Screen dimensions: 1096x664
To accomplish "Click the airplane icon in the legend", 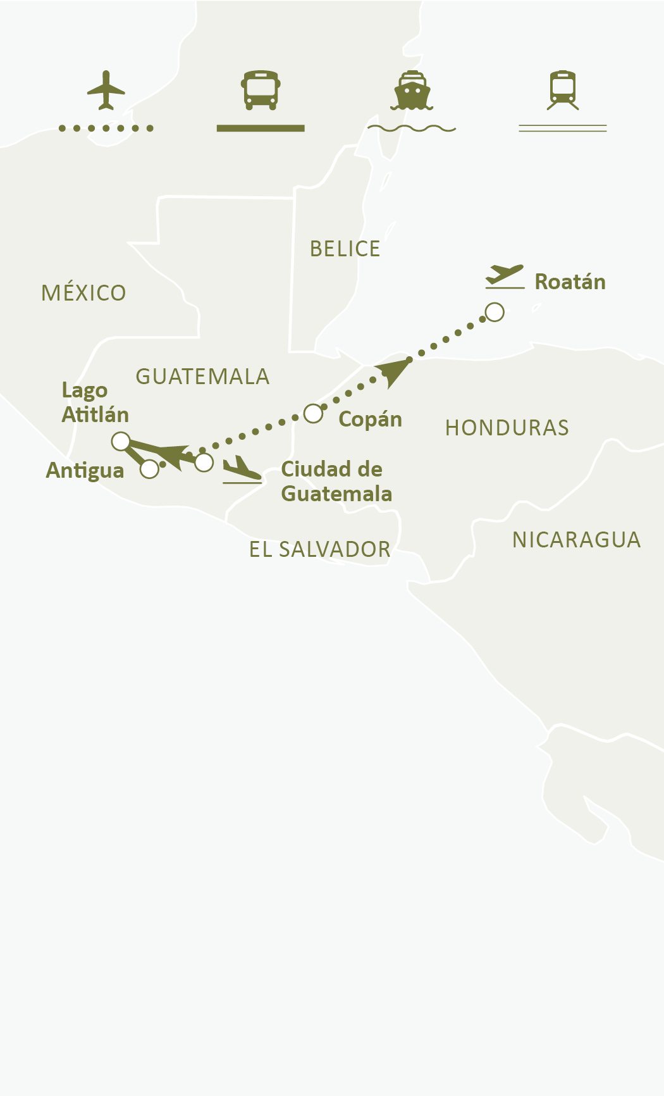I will pyautogui.click(x=106, y=90).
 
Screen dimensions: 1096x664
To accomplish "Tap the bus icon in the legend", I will pyautogui.click(x=261, y=90).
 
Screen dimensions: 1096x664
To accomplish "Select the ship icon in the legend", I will pyautogui.click(x=412, y=90).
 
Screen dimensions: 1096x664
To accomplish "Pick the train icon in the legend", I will pyautogui.click(x=563, y=90).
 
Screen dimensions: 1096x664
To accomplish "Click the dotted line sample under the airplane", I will pyautogui.click(x=106, y=128).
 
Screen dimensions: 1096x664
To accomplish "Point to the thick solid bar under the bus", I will pyautogui.click(x=261, y=128).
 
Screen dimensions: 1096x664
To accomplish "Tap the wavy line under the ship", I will pyautogui.click(x=412, y=128).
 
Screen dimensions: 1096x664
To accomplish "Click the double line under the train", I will pyautogui.click(x=563, y=128).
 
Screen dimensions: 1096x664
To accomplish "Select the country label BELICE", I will pyautogui.click(x=345, y=249).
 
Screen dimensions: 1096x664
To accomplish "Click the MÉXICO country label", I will pyautogui.click(x=83, y=293).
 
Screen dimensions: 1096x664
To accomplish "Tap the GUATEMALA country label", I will pyautogui.click(x=202, y=377).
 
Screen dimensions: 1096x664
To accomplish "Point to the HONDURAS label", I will pyautogui.click(x=507, y=428).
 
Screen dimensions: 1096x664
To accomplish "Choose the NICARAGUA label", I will pyautogui.click(x=576, y=540).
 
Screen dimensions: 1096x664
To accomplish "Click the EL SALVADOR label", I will pyautogui.click(x=319, y=549).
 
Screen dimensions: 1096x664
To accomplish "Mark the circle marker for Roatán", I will pyautogui.click(x=495, y=312).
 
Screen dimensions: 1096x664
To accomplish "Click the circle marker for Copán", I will pyautogui.click(x=313, y=413).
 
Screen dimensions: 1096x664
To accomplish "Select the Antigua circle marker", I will pyautogui.click(x=149, y=469).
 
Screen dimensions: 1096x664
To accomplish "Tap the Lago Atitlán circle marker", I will pyautogui.click(x=120, y=441).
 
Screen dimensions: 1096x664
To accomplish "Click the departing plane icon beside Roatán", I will pyautogui.click(x=505, y=277).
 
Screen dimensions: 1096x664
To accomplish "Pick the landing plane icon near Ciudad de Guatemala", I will pyautogui.click(x=242, y=470).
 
